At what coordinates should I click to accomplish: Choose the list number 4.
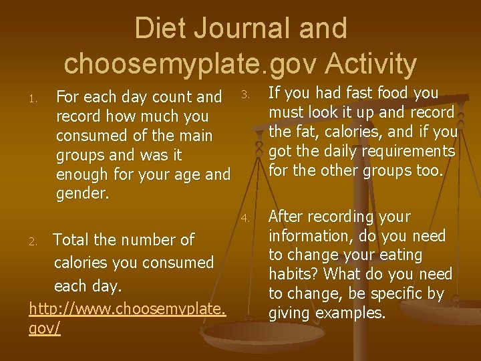tap(245, 218)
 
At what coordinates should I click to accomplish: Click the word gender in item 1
tap(81, 194)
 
